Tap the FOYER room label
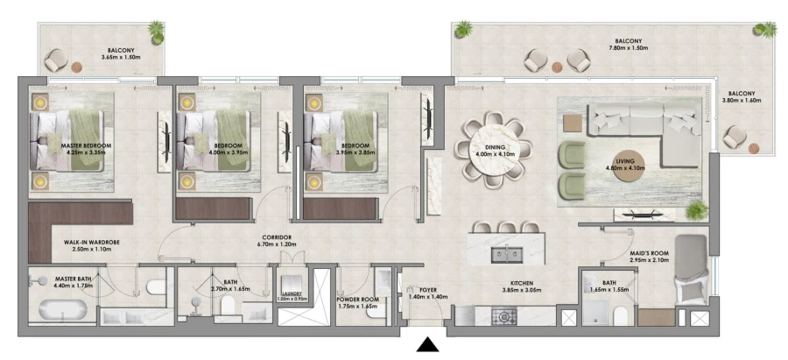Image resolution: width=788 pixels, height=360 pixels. coord(427,287)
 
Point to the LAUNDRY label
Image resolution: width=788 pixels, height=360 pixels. coord(292,293)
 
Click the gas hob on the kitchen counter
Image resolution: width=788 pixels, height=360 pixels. coord(508,315)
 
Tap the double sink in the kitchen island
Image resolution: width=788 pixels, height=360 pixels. coord(506,255)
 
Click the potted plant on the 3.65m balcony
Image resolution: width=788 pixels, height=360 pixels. coord(156,32)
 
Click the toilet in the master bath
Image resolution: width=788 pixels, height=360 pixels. coord(155,286)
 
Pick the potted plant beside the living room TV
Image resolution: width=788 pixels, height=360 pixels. coord(696,208)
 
